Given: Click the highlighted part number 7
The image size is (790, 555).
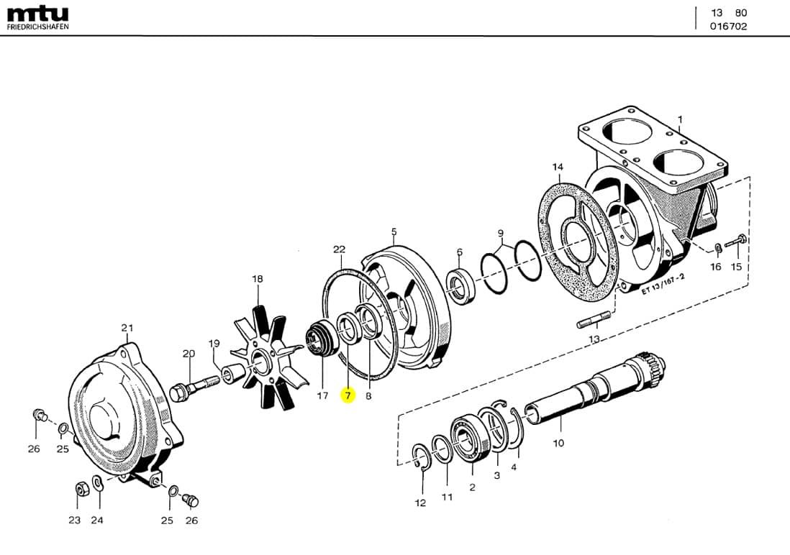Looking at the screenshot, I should click(348, 395).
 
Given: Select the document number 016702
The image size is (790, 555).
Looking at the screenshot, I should click(728, 27).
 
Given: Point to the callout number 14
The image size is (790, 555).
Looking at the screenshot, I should click(558, 168).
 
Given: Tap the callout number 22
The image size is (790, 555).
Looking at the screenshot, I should click(340, 249).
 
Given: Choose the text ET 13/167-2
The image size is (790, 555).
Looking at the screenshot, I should click(663, 281).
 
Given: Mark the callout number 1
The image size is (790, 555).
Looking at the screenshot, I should click(680, 119).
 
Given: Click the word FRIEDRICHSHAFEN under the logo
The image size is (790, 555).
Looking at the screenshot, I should click(37, 27).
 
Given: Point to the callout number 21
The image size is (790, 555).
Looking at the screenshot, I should click(127, 328).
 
